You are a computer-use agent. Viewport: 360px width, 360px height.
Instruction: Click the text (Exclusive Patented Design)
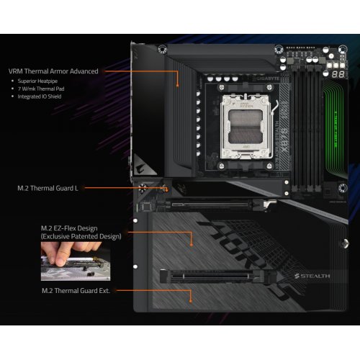[81, 235]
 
